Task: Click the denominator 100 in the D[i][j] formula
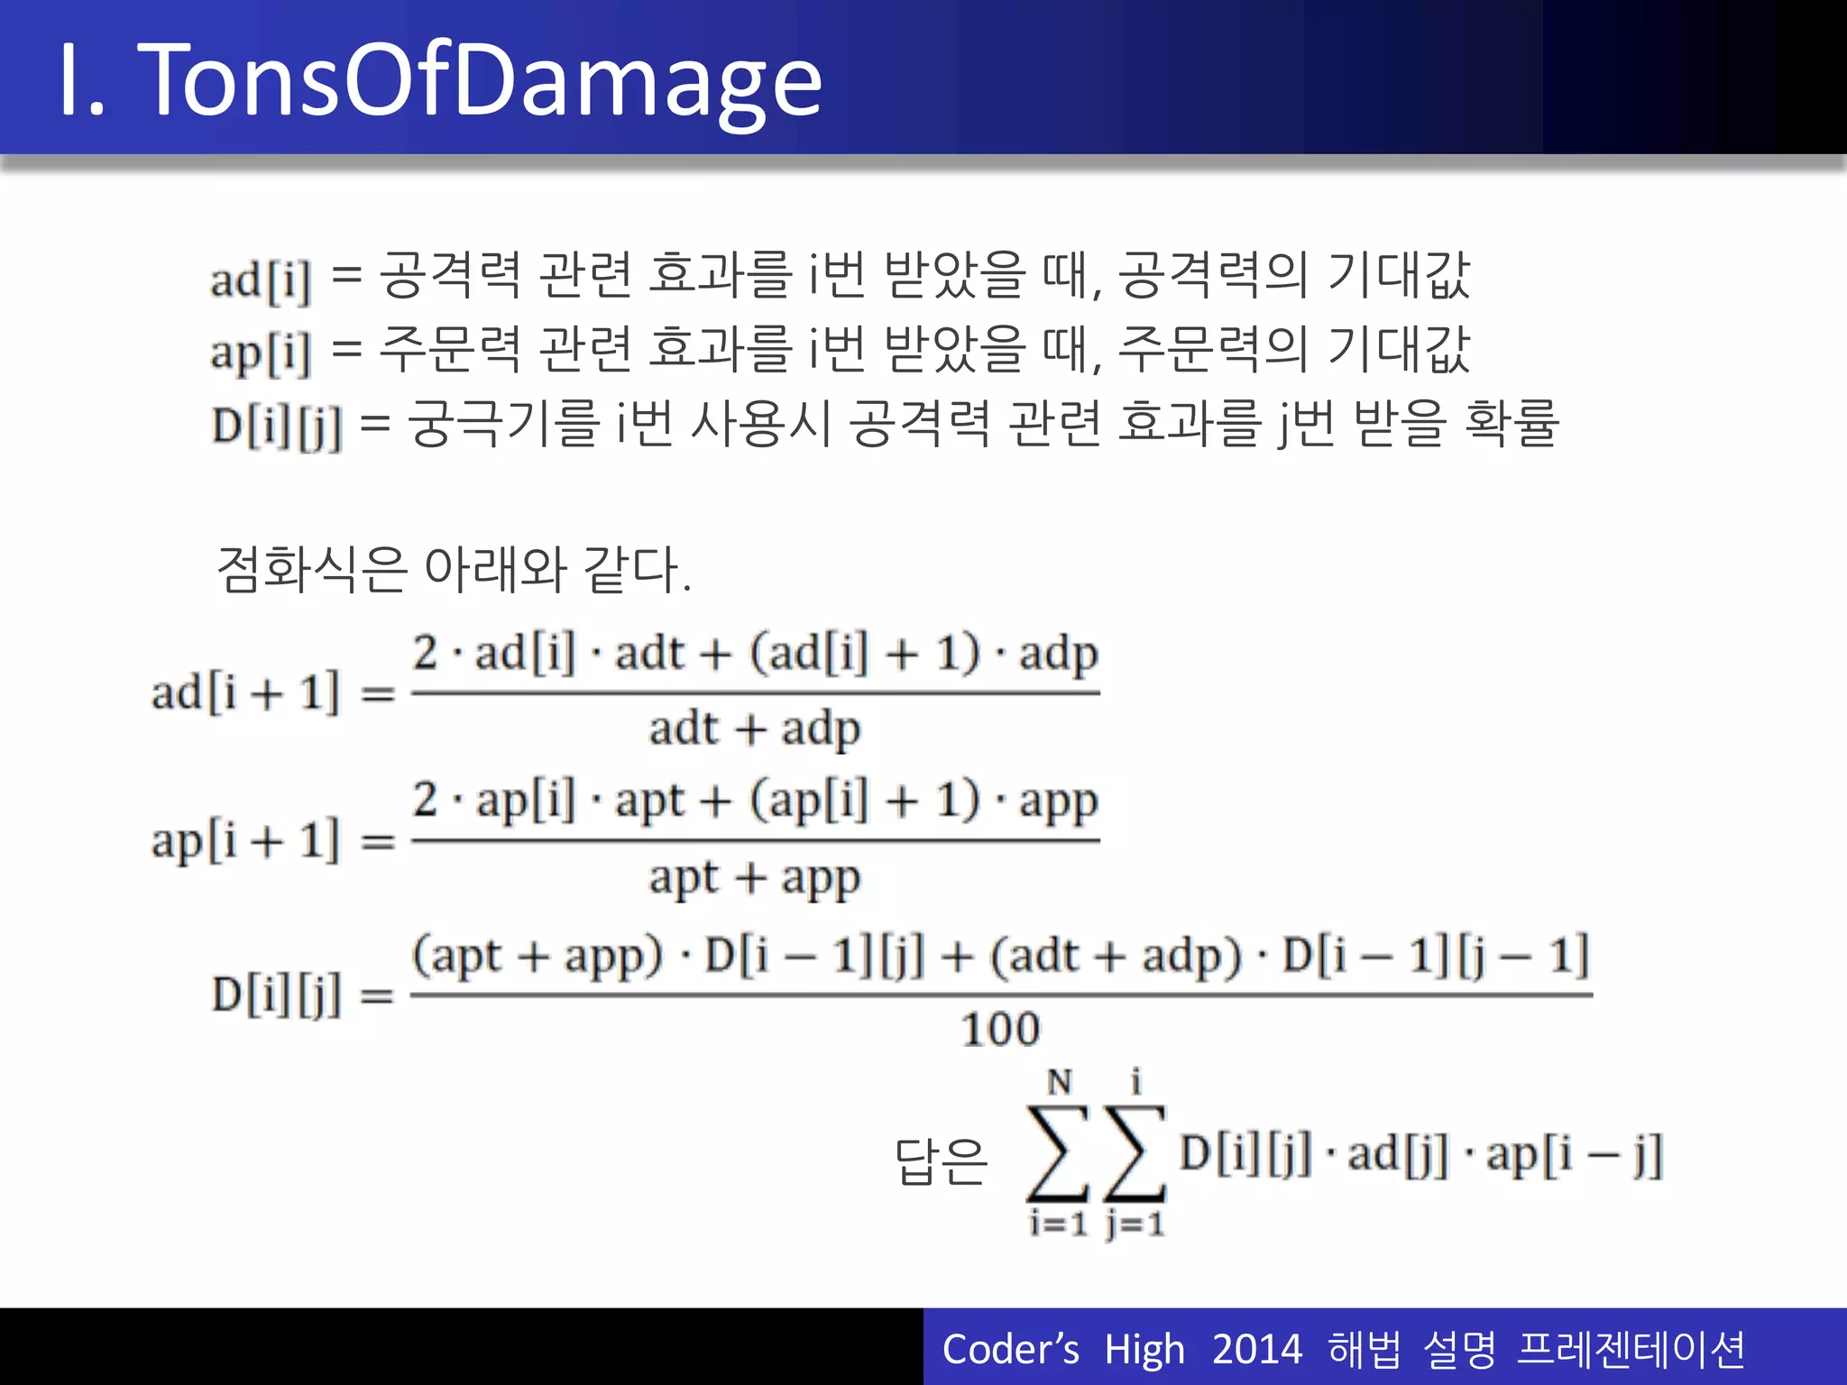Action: [x=1000, y=1030]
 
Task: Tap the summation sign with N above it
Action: [x=1059, y=1153]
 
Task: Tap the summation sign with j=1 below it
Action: [x=1135, y=1153]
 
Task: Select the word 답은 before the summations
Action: [x=941, y=1160]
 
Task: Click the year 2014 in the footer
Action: [x=1257, y=1350]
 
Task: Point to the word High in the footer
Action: [x=1144, y=1350]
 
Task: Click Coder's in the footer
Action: [x=1010, y=1350]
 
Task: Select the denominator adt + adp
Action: [x=754, y=729]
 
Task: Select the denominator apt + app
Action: [x=754, y=877]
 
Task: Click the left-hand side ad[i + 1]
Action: [x=245, y=692]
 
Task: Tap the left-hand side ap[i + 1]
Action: [x=245, y=841]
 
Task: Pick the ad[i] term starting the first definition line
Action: [x=261, y=280]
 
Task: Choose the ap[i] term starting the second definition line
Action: [x=261, y=353]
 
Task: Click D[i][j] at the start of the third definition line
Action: [x=277, y=427]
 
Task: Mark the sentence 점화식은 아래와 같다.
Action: [x=454, y=570]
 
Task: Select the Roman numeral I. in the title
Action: [x=81, y=81]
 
